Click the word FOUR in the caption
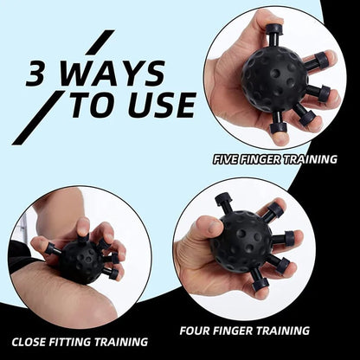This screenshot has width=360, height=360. click(x=198, y=330)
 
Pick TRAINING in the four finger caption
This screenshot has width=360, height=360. click(x=280, y=330)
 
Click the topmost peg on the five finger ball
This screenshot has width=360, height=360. click(x=273, y=33)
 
